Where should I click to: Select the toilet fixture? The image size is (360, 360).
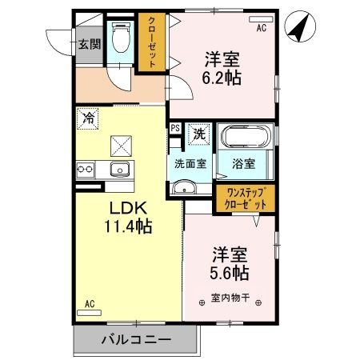pos(121,40)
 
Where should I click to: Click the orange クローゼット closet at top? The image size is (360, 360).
pos(149,42)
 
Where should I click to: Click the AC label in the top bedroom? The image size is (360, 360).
pos(261,28)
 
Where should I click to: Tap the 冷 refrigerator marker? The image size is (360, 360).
pos(88,118)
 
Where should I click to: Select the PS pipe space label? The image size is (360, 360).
pos(174,128)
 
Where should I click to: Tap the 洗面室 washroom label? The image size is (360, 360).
pos(190,163)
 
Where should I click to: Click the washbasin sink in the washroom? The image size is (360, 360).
pos(184,189)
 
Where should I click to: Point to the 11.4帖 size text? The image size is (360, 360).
pos(126,226)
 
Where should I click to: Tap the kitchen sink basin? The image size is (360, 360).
pos(119,169)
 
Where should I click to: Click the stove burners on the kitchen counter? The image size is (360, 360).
pos(86,169)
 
